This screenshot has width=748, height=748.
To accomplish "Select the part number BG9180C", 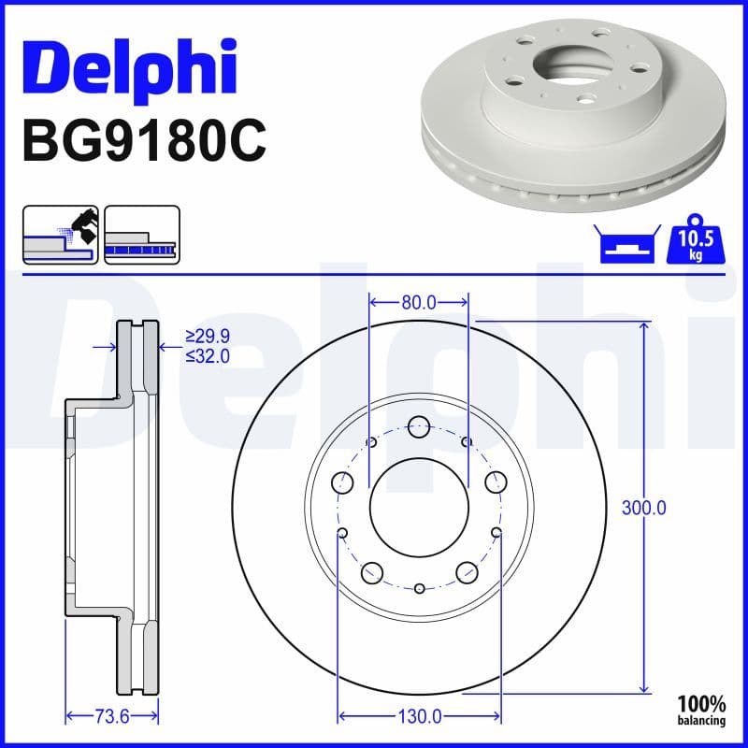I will tap(143, 141).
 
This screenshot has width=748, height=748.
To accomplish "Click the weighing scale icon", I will tap(624, 246).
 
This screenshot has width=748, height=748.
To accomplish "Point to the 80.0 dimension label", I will tap(419, 302).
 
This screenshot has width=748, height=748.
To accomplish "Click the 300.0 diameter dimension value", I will tap(643, 509).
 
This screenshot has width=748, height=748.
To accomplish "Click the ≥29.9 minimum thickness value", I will tap(207, 336).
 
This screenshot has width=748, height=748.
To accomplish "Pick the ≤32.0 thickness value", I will tap(207, 355).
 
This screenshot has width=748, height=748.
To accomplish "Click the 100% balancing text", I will tap(701, 711).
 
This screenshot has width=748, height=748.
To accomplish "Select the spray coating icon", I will tap(60, 235).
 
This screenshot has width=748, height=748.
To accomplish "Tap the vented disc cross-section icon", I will tap(141, 235).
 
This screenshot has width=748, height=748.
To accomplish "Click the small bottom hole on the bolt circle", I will tap(419, 588).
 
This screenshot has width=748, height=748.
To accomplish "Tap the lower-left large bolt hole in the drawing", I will tap(373, 572).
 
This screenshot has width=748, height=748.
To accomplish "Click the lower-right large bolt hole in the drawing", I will tap(465, 572).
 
